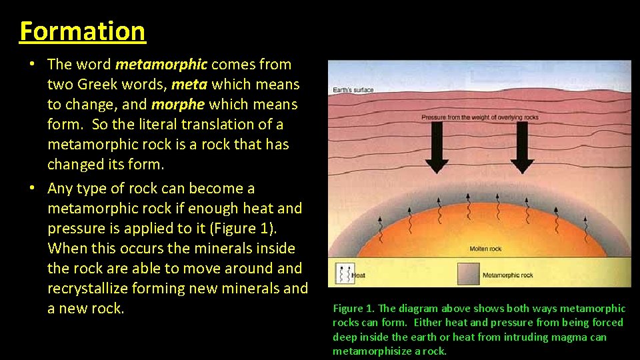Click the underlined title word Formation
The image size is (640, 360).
(83, 31)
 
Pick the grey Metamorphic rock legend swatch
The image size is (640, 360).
(467, 273)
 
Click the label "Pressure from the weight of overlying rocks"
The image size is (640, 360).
(480, 117)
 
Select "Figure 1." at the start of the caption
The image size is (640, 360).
(353, 308)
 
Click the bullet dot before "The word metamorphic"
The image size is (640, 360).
(33, 65)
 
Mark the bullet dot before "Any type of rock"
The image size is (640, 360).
(33, 189)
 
